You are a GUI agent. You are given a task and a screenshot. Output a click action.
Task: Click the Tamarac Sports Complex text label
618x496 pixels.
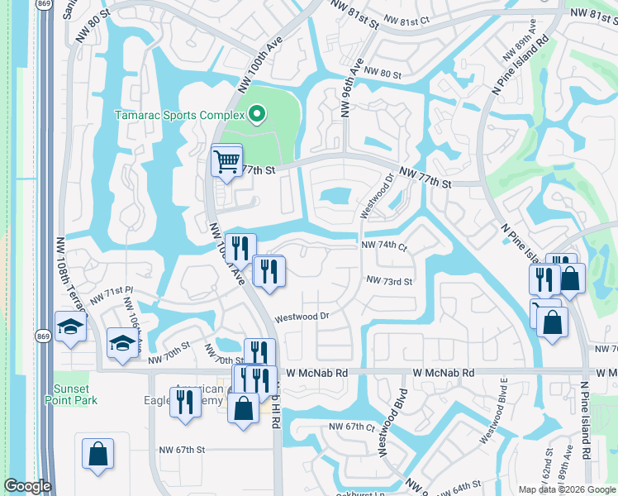point(179,114)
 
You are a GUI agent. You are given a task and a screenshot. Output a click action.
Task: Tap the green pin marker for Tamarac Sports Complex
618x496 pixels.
point(257,114)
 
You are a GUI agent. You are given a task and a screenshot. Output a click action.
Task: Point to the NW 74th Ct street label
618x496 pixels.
point(384,246)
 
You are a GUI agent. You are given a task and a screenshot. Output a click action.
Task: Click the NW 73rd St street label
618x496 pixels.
point(388,281)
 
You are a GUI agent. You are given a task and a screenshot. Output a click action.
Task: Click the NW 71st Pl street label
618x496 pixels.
point(112,294)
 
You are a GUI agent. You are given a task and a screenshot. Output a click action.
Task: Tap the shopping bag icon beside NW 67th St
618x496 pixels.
point(97,454)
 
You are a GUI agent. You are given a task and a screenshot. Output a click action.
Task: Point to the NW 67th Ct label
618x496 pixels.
point(352,427)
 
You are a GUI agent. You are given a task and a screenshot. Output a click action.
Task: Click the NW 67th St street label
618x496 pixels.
point(181,450)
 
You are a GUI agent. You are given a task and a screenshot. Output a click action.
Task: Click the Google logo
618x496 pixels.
point(26,486)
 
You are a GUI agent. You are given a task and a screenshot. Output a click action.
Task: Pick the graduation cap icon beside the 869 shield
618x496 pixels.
point(71,326)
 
